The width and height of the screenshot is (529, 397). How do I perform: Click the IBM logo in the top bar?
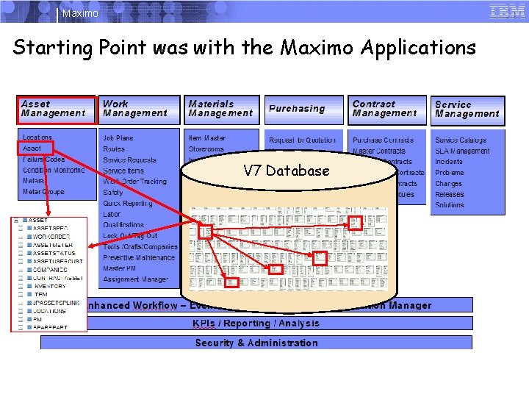tap(507, 11)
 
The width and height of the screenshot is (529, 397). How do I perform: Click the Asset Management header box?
tap(57, 110)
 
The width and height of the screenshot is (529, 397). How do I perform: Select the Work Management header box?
tap(139, 110)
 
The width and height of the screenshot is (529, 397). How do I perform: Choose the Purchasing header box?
tap(303, 110)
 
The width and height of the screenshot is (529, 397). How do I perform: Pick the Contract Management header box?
tap(388, 110)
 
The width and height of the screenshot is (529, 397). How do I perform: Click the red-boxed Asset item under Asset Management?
tap(33, 149)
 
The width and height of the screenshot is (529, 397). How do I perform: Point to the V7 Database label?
tap(287, 171)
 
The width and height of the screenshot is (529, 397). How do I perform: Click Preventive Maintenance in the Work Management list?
tap(139, 257)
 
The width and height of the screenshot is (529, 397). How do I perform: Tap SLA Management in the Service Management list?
tap(462, 151)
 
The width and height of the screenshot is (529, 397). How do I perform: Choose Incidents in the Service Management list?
tap(449, 162)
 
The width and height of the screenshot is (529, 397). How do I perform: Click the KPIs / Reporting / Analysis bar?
tap(256, 323)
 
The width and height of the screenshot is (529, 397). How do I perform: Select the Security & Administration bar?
tap(256, 343)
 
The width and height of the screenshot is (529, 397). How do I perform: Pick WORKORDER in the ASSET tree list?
tap(51, 237)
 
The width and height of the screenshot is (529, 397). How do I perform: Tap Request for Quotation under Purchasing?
tap(303, 140)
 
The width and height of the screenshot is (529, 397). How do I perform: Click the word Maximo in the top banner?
tap(80, 13)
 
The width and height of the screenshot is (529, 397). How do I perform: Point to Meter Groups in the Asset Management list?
tap(43, 192)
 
